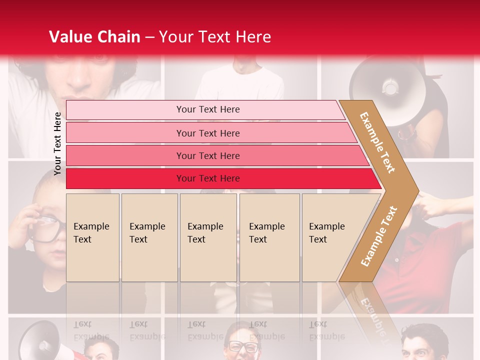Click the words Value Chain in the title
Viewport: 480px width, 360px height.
click(x=94, y=37)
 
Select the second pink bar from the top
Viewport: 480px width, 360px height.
click(x=208, y=133)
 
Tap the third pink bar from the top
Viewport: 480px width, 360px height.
click(x=208, y=155)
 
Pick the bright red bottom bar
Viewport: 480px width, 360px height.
click(x=208, y=178)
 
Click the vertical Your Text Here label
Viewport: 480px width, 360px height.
click(x=57, y=143)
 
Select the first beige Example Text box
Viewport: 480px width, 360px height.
click(x=92, y=237)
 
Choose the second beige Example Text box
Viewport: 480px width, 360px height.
click(x=149, y=237)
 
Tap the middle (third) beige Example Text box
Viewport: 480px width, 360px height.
click(x=208, y=237)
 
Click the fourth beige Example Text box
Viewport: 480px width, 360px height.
click(x=269, y=237)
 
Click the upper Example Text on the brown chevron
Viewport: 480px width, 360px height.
click(x=377, y=142)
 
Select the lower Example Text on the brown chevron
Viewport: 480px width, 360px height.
click(x=378, y=236)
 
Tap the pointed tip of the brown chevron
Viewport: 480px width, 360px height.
click(x=416, y=190)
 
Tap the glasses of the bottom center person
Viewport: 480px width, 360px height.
click(x=243, y=345)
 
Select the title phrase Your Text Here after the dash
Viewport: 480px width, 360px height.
click(x=215, y=37)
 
